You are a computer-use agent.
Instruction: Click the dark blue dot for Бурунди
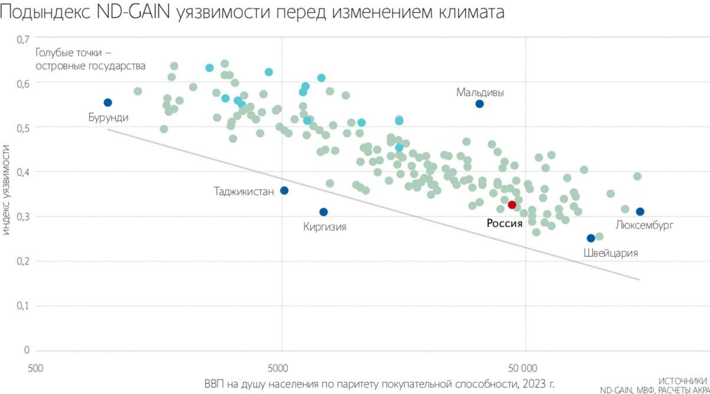[108, 102]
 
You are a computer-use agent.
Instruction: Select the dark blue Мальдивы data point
[480, 104]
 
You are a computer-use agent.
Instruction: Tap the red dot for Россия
[512, 205]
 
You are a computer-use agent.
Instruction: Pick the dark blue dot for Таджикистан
[284, 190]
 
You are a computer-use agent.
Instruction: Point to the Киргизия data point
[323, 212]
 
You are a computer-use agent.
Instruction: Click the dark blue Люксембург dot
[640, 212]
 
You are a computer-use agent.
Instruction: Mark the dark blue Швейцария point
[591, 238]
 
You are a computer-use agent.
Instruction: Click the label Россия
[504, 224]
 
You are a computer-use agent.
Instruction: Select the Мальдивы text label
[480, 92]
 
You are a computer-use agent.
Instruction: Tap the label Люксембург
[644, 225]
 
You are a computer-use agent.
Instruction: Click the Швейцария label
[610, 253]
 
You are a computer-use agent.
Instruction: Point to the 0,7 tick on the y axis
[22, 40]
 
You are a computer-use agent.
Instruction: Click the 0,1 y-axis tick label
[22, 306]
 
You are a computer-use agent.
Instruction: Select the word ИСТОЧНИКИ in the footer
[682, 381]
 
